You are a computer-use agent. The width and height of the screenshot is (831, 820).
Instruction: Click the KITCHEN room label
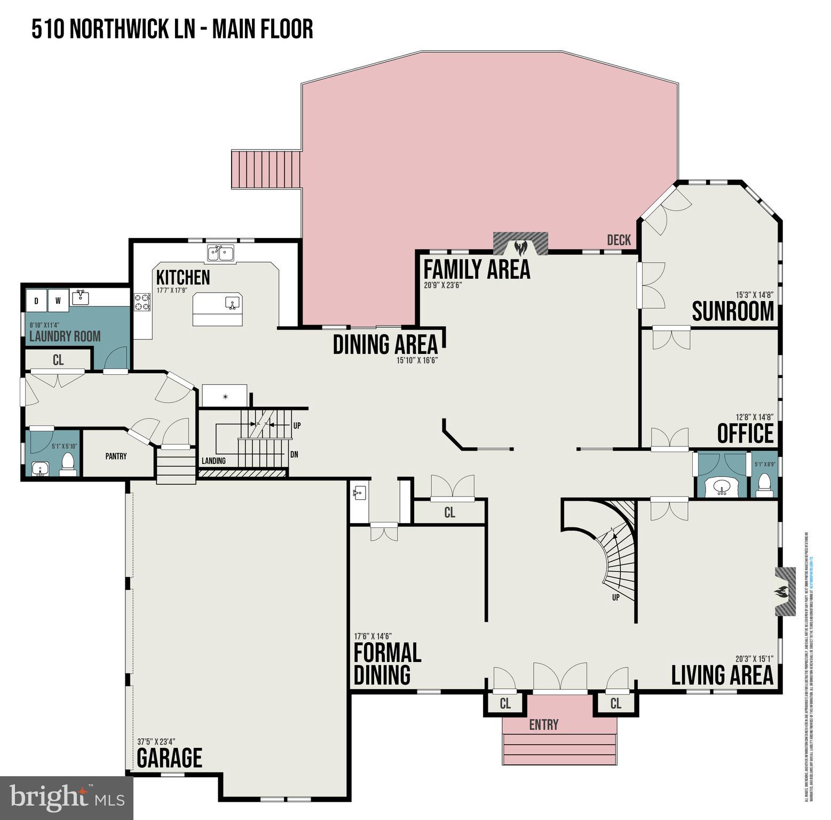183,278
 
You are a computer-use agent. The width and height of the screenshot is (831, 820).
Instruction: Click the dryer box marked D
36,301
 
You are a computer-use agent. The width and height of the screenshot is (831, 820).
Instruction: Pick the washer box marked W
58,301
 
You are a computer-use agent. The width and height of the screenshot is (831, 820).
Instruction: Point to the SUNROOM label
732,311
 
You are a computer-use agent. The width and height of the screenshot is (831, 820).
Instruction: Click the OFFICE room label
745,433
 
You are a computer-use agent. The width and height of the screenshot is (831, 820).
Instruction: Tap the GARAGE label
169,758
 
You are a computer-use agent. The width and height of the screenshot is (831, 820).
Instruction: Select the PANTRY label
116,456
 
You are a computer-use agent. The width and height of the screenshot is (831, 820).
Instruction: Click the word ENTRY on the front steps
543,724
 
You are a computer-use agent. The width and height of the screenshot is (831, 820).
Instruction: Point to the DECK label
619,240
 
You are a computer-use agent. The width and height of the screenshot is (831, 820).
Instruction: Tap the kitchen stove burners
142,302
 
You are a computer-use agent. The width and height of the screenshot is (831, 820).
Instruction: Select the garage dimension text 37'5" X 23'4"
156,742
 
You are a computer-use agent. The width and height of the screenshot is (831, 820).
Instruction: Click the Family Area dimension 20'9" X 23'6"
442,285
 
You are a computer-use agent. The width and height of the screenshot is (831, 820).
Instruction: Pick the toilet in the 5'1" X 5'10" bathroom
68,463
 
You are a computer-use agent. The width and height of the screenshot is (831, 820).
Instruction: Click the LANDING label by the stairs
213,461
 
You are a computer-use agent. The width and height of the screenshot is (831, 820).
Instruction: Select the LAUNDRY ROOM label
65,336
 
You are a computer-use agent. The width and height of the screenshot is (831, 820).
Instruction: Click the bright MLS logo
67,798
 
